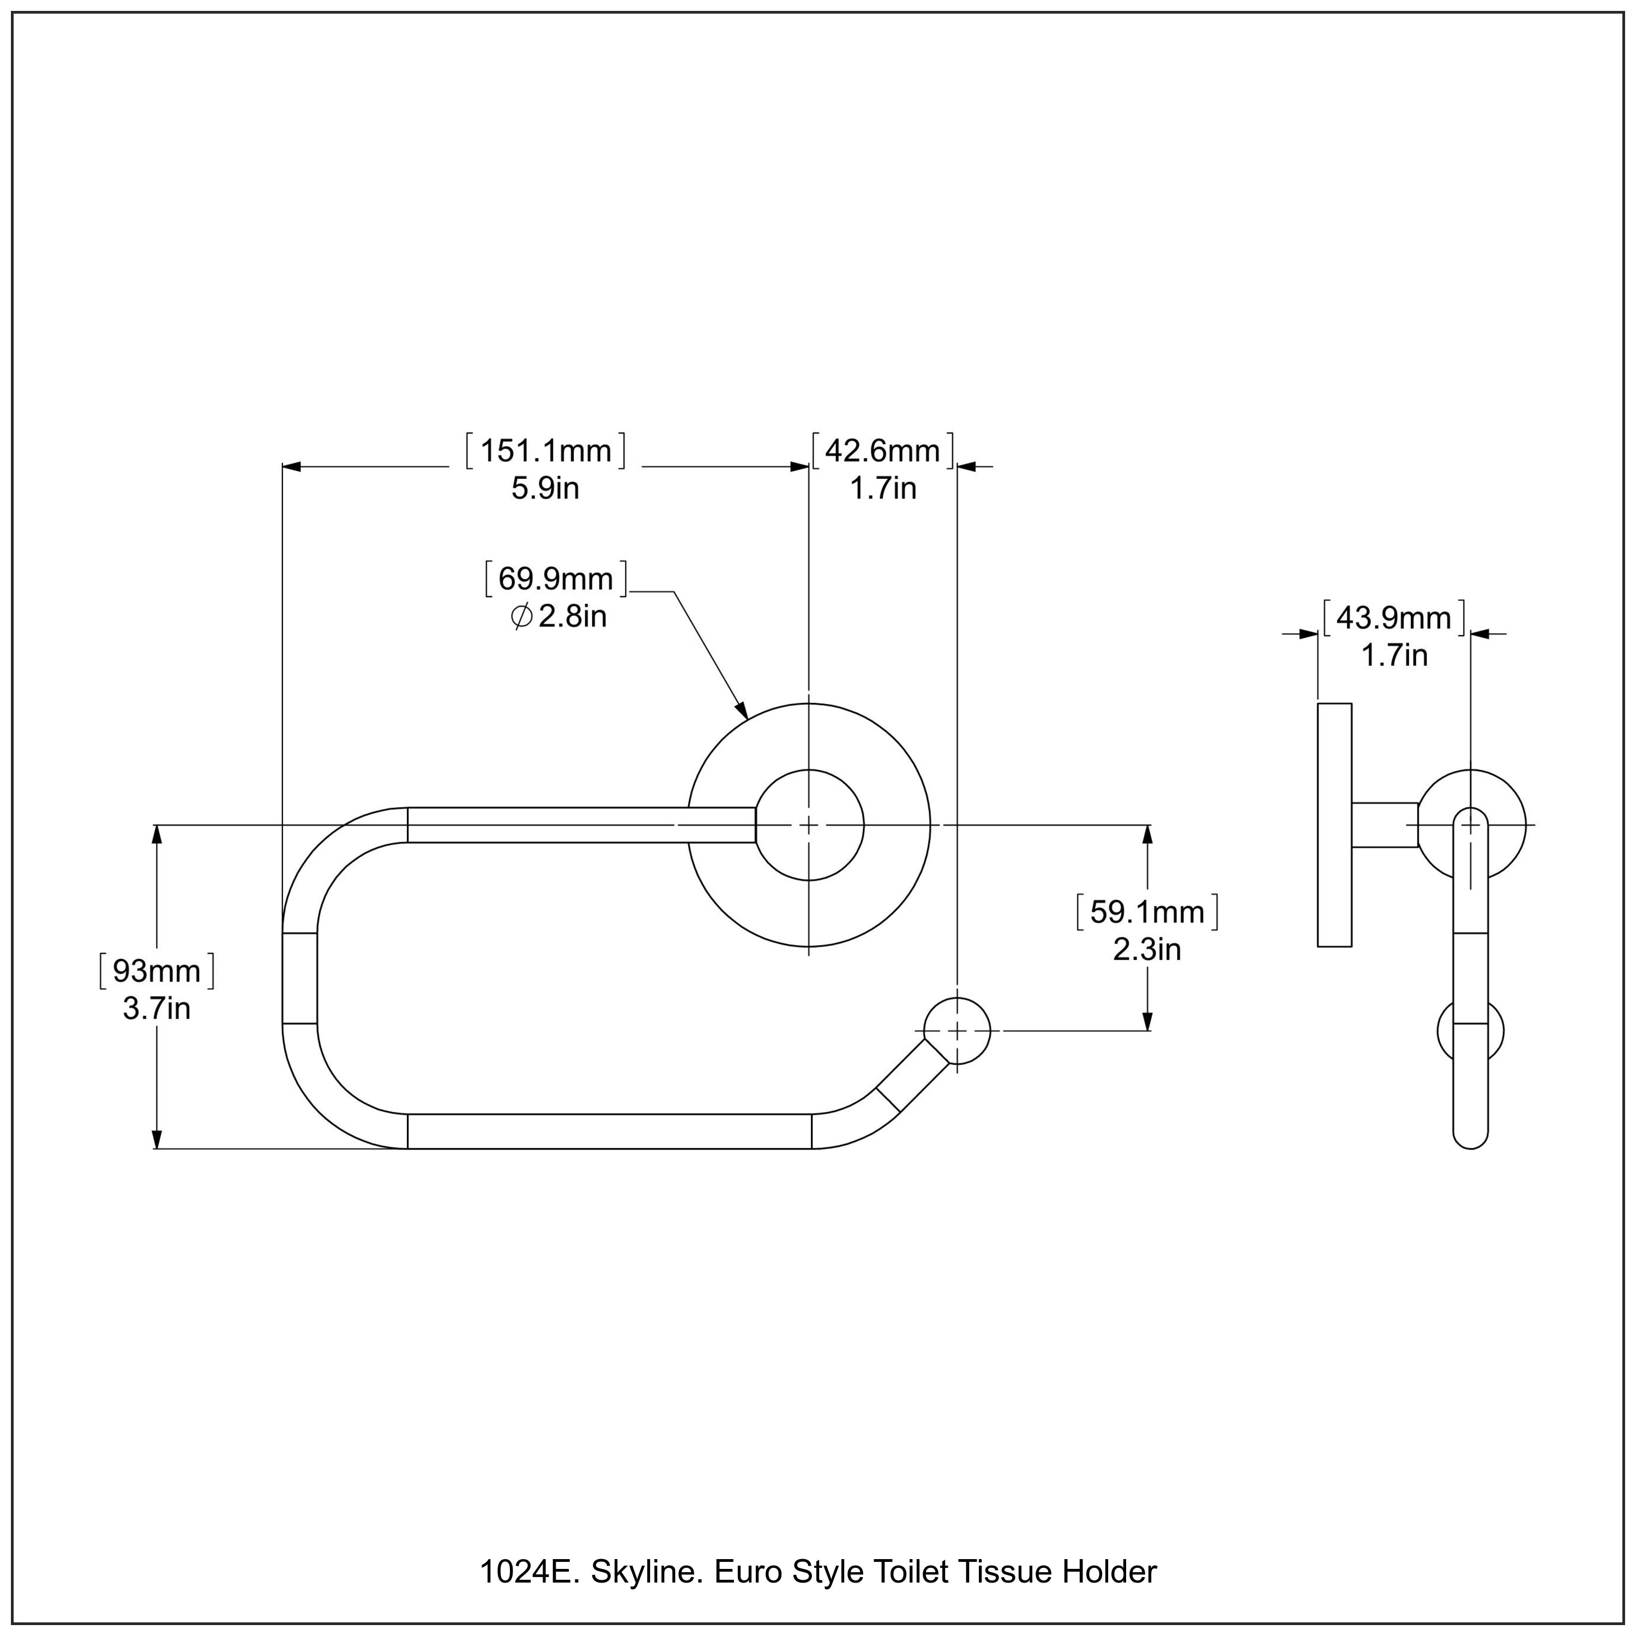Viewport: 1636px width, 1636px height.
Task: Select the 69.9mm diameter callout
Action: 556,579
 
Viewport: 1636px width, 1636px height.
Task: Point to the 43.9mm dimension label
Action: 1394,618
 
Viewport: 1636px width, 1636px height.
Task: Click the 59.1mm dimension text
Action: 1146,912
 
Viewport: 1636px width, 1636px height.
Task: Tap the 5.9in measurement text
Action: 545,489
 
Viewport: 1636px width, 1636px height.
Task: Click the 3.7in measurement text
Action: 157,1008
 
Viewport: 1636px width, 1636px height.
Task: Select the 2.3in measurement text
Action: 1146,949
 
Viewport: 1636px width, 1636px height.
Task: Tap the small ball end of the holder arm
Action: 957,1031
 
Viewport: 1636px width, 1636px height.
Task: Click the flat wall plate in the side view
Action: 1334,825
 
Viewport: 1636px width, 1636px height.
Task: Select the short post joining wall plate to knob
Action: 1385,825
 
